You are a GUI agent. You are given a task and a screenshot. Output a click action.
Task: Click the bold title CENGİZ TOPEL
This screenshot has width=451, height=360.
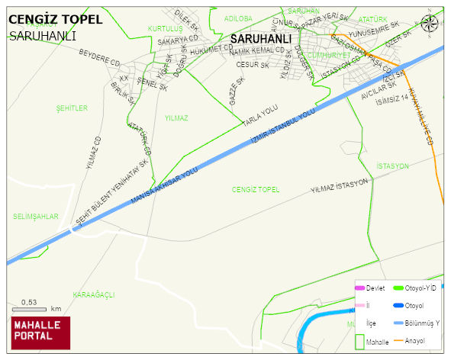pos(54,19)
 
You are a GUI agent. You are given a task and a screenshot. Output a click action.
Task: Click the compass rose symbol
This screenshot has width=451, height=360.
pos(430,24)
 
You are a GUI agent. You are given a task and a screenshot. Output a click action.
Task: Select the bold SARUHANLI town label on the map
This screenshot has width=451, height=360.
pos(260,38)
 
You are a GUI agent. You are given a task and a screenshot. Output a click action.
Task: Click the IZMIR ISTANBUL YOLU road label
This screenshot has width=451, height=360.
pos(282,128)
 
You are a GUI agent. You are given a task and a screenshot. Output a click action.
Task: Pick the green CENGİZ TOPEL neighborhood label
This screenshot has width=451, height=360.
pos(256,188)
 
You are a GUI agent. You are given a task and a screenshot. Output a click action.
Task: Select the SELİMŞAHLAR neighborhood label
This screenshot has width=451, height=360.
pos(35,217)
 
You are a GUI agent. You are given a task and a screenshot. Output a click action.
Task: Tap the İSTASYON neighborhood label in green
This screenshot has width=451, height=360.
pos(393,166)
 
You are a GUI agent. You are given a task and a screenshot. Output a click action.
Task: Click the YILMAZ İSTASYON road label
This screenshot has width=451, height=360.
pos(340,185)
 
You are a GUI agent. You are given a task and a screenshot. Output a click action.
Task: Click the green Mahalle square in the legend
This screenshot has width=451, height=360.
pos(359,342)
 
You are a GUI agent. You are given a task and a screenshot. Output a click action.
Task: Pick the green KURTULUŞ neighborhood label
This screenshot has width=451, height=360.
pos(165,28)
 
